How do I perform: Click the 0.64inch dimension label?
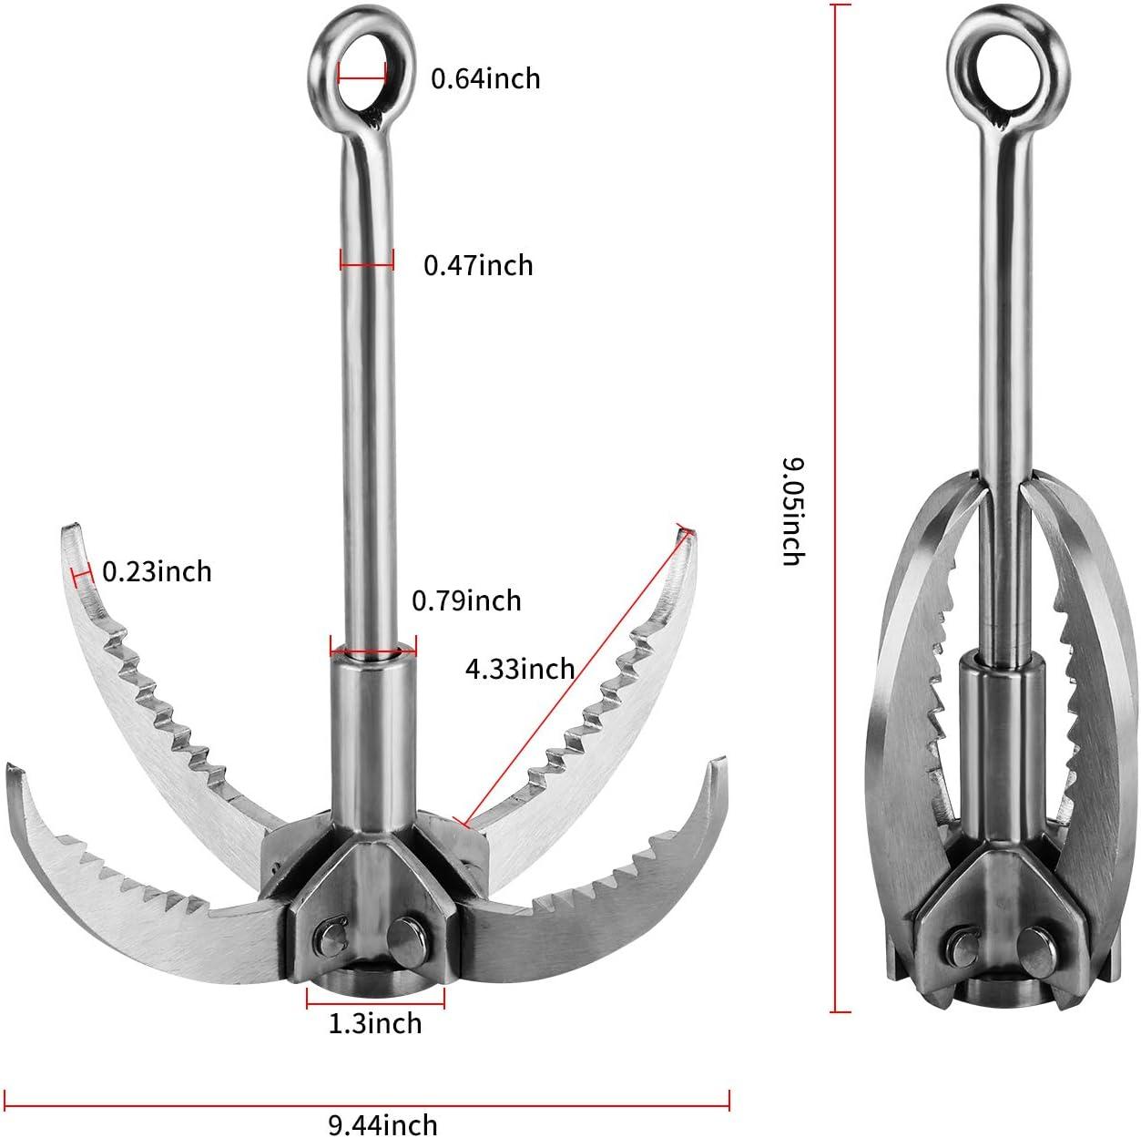tap(485, 78)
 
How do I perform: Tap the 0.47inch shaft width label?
tap(478, 265)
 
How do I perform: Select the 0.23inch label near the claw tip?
tap(157, 571)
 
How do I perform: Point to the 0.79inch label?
tap(466, 600)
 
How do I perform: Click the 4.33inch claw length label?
tap(520, 670)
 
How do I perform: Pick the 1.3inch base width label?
tap(375, 1023)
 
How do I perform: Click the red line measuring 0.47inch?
tap(367, 266)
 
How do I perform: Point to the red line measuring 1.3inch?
tap(375, 1002)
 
